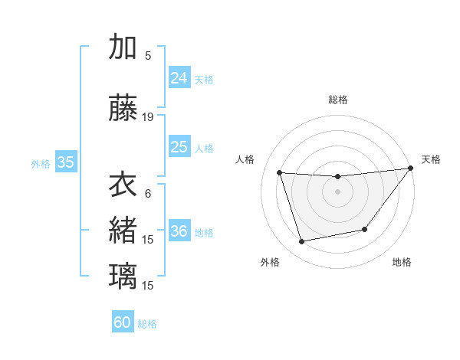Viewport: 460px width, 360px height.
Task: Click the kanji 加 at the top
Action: (123, 47)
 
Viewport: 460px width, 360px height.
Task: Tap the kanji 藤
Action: (123, 109)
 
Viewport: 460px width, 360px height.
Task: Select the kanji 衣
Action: (123, 185)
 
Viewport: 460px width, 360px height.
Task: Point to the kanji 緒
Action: (123, 231)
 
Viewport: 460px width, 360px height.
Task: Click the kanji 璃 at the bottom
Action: (123, 276)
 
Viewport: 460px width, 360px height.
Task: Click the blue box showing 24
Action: (179, 78)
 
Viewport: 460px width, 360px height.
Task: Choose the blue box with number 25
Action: (179, 147)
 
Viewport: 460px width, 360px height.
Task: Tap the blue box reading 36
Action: (179, 231)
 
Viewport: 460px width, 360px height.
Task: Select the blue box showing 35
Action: (65, 162)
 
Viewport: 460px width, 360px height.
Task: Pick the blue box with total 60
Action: (123, 322)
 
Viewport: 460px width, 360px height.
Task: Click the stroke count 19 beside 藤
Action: (148, 117)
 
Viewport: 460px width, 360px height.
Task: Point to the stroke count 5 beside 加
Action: (148, 55)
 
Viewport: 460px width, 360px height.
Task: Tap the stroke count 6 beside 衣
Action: (148, 194)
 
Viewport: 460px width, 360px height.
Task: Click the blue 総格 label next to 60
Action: (147, 324)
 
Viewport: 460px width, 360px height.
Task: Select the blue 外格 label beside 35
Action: (41, 163)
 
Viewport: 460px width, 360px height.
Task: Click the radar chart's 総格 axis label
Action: (337, 100)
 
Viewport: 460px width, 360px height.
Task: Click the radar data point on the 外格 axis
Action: (302, 241)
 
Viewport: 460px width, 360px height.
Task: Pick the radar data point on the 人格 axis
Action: (279, 173)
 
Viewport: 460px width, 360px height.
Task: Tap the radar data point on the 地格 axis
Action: (365, 229)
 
